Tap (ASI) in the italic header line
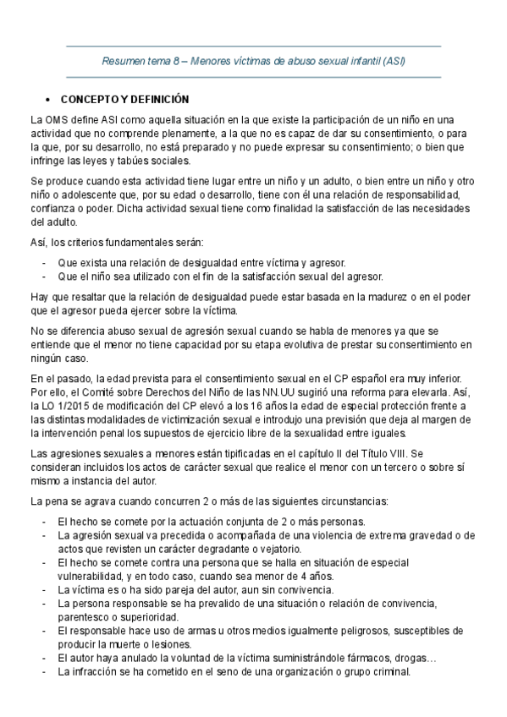[x=394, y=62]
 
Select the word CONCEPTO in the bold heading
[x=91, y=99]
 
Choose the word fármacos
[x=339, y=659]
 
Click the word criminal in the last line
[x=390, y=672]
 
